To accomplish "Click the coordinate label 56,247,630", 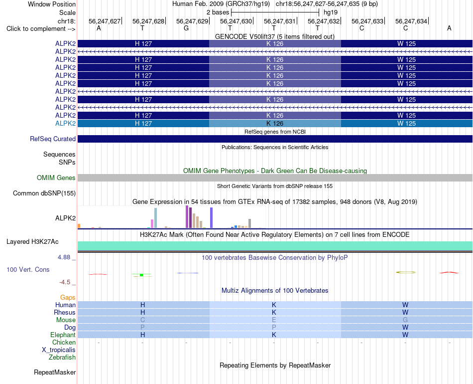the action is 236,21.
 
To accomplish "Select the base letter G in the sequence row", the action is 186,28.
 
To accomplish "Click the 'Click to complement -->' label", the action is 41,29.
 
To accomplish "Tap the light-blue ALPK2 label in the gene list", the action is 65,123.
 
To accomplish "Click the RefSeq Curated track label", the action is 53,139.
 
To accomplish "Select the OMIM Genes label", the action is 56,178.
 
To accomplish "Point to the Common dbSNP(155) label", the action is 44,193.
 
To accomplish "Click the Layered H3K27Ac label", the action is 32,242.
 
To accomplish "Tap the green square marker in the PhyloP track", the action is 141,275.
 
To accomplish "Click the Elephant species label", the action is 63,335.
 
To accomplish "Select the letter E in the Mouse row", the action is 274,320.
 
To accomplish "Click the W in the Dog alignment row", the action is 405,327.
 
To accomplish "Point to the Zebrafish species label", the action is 62,357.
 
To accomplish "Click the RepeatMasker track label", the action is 55,372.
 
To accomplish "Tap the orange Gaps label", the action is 68,298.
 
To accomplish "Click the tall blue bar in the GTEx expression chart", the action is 212,217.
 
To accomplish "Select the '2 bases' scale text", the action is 218,12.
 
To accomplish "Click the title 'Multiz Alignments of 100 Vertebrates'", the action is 275,291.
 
